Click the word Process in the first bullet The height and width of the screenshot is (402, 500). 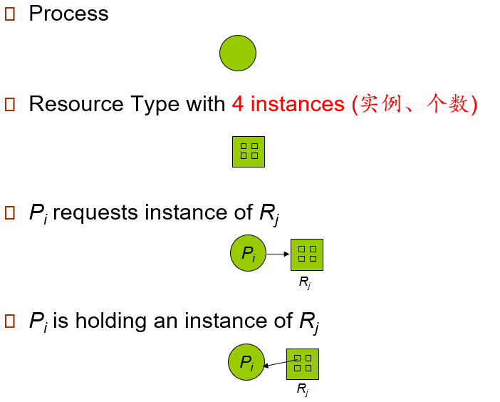coord(68,14)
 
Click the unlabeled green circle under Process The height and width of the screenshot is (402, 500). coord(237,53)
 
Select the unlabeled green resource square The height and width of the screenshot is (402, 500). coord(249,151)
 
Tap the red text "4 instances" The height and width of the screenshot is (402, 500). coord(288,105)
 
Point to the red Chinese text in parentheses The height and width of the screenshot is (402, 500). coord(415,105)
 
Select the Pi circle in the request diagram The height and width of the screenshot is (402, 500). coord(248,253)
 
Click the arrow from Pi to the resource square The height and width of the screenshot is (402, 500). coord(278,254)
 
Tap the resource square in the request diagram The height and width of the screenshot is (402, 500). coord(307,254)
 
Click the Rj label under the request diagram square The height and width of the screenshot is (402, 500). coord(304,283)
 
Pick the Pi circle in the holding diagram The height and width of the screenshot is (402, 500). coord(246,362)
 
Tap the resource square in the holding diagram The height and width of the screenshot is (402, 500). coord(302,364)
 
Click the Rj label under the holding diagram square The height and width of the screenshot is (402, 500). coord(302,390)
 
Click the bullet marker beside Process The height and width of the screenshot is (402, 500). coord(10,15)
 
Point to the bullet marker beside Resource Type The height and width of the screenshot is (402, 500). coord(10,105)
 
